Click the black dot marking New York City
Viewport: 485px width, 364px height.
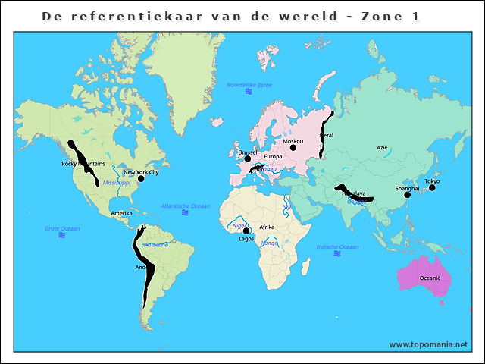pyautogui.click(x=141, y=179)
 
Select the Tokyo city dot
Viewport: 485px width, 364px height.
pyautogui.click(x=432, y=187)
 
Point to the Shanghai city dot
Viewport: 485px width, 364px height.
pyautogui.click(x=407, y=195)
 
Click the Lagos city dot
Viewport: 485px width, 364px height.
pyautogui.click(x=246, y=231)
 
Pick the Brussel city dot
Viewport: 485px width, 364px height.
pyautogui.click(x=247, y=159)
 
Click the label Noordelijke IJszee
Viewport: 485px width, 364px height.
pyautogui.click(x=249, y=84)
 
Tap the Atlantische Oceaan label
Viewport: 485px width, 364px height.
pyautogui.click(x=186, y=206)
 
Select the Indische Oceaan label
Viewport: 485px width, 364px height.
pyautogui.click(x=337, y=246)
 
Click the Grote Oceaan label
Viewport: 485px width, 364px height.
pyautogui.click(x=62, y=227)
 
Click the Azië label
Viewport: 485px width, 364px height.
pyautogui.click(x=383, y=148)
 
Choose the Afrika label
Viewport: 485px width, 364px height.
pyautogui.click(x=267, y=227)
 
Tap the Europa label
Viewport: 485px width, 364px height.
pyautogui.click(x=274, y=157)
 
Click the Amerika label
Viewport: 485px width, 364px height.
pyautogui.click(x=121, y=213)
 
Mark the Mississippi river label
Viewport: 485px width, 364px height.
pyautogui.click(x=117, y=183)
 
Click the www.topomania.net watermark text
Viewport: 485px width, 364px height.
pyautogui.click(x=428, y=344)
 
